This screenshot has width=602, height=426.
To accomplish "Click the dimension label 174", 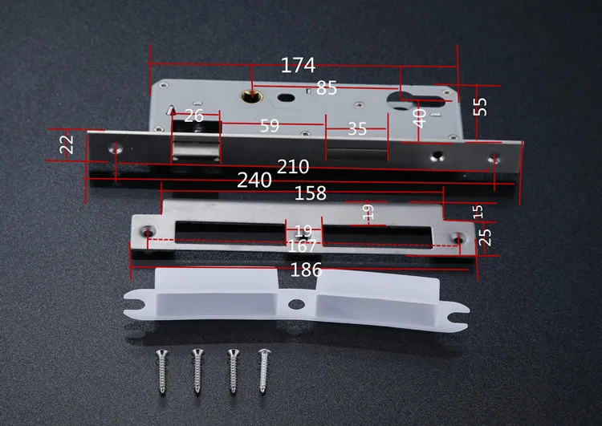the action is click(298, 65).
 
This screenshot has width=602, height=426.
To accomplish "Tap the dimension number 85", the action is click(327, 88).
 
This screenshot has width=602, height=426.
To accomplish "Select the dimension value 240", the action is click(254, 180).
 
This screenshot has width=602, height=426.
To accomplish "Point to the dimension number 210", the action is click(293, 167).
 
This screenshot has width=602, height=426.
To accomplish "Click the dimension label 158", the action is click(310, 193).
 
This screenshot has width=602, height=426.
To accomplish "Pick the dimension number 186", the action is click(306, 270).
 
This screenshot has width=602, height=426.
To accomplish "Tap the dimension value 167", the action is click(302, 246).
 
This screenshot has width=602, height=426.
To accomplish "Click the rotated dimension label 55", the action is click(480, 107).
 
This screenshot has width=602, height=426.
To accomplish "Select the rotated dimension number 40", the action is click(419, 118).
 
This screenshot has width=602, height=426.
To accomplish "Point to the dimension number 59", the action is click(270, 125).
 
